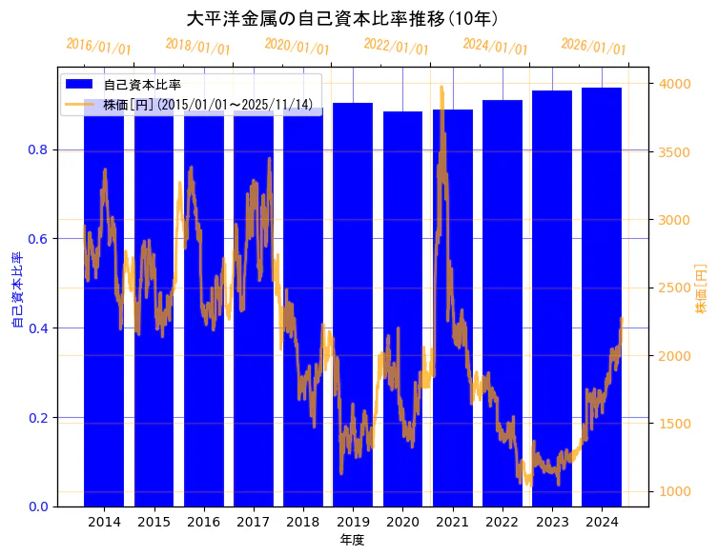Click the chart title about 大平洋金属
pos(342,18)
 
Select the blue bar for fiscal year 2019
pos(353,305)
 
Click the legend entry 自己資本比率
pos(142,85)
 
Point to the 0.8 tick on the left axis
pos(37,149)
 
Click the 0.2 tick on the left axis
pos(37,418)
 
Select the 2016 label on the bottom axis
pos(203,522)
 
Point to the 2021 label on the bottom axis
pos(452,522)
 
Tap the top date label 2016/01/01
pos(98,47)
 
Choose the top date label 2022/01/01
pos(396,47)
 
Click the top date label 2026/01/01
pos(593,47)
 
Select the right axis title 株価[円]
pos(702,289)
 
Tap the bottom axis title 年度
pos(352,540)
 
